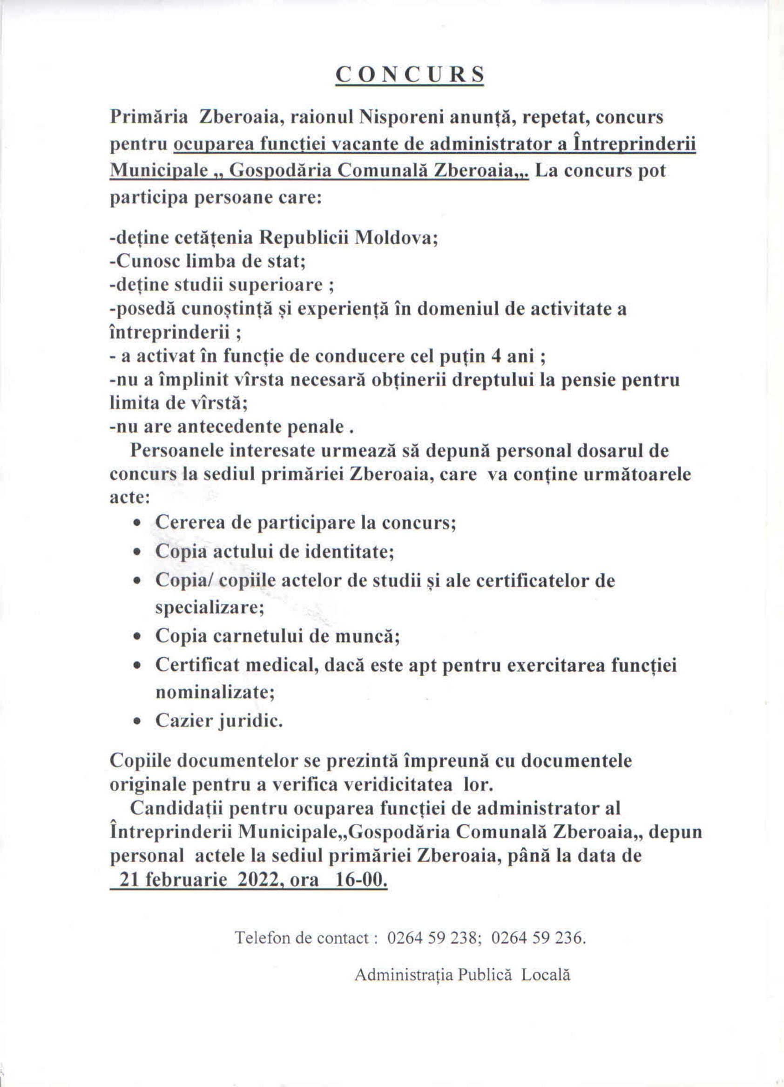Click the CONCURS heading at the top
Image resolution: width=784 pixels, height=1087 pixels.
point(409,75)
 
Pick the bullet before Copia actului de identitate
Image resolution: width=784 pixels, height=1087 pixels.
point(137,553)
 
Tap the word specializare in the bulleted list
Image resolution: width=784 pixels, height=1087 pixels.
point(210,608)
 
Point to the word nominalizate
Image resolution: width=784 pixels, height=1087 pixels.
point(215,693)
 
